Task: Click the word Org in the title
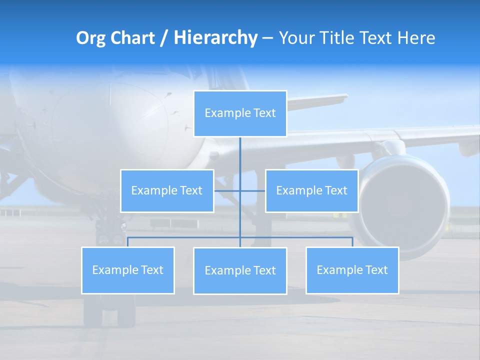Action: point(91,38)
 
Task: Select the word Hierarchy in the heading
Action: point(215,38)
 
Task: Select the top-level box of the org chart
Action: point(240,113)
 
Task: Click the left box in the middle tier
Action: point(167,190)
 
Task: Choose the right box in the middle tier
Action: point(311,190)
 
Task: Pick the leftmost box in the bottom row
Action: point(127,270)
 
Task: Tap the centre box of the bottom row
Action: point(240,270)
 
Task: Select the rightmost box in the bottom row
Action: point(352,270)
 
